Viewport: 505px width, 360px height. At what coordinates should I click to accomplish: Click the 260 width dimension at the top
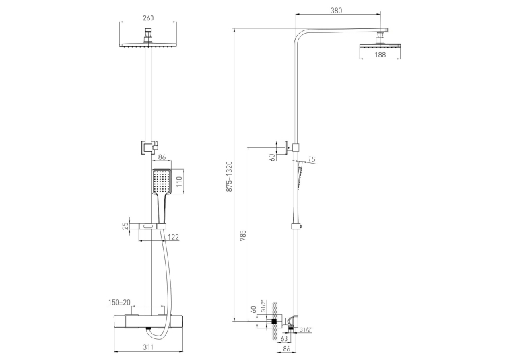pyautogui.click(x=148, y=18)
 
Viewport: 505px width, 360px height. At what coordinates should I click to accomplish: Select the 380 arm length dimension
pyautogui.click(x=336, y=11)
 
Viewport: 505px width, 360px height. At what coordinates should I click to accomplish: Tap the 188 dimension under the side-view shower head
pyautogui.click(x=380, y=55)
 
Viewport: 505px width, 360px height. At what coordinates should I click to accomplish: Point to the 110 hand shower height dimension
pyautogui.click(x=180, y=182)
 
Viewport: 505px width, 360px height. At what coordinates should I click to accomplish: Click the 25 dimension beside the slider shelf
pyautogui.click(x=126, y=225)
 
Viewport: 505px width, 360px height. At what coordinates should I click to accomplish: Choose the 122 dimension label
pyautogui.click(x=173, y=238)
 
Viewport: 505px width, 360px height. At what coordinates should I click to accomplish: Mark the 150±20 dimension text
pyautogui.click(x=119, y=303)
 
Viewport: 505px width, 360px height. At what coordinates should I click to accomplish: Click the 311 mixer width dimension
pyautogui.click(x=148, y=347)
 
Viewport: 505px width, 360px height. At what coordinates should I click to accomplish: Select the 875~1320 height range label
pyautogui.click(x=229, y=177)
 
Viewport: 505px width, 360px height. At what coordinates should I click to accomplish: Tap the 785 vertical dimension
pyautogui.click(x=243, y=236)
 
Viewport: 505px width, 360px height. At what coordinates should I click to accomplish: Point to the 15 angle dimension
pyautogui.click(x=312, y=159)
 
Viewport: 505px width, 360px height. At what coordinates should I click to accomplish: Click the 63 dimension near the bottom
pyautogui.click(x=284, y=338)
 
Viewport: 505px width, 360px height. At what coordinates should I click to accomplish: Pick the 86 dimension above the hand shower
pyautogui.click(x=162, y=157)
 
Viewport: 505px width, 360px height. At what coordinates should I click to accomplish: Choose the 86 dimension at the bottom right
pyautogui.click(x=286, y=349)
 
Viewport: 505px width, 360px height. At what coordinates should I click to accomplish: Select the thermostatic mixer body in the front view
pyautogui.click(x=148, y=322)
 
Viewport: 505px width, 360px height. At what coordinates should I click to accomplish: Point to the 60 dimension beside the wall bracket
pyautogui.click(x=272, y=157)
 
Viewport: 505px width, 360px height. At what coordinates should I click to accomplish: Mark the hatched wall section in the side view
pyautogui.click(x=275, y=321)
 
